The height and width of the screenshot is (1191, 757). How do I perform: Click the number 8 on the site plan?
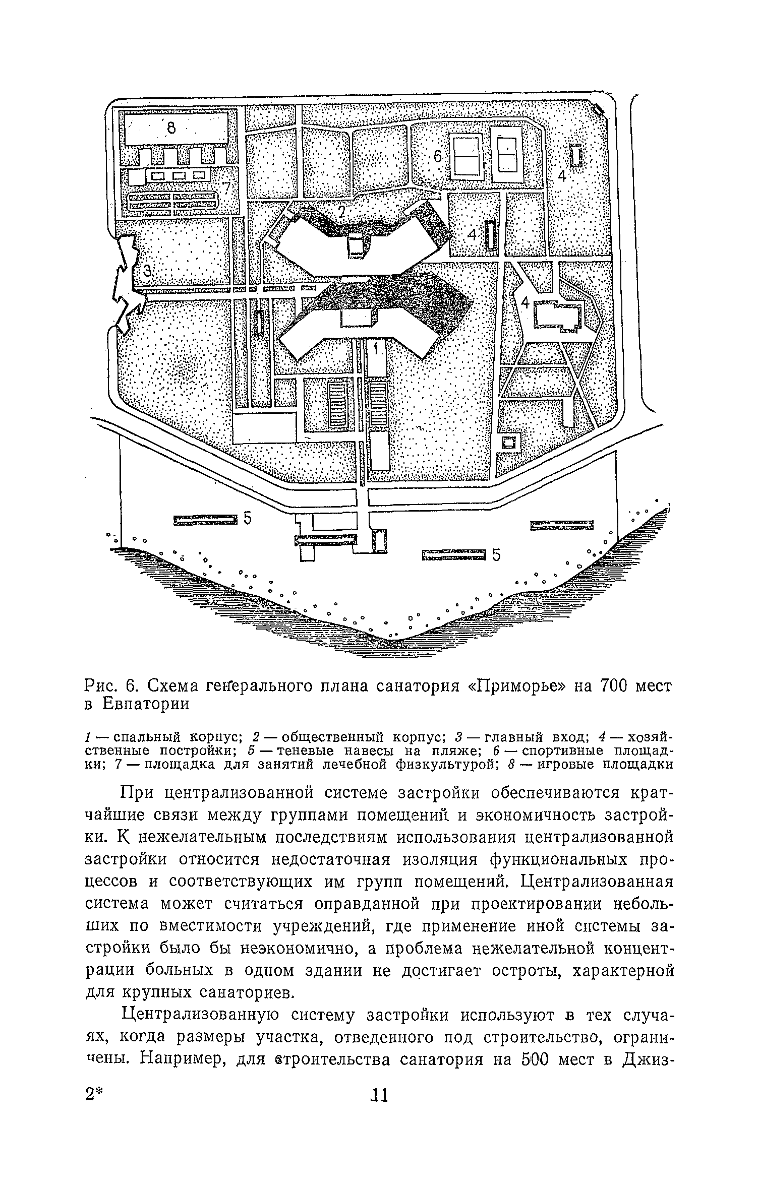(171, 129)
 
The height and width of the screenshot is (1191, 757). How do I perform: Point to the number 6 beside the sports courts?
(438, 158)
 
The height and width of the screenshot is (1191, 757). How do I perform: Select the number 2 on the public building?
(341, 213)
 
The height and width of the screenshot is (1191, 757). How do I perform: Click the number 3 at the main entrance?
(147, 272)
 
